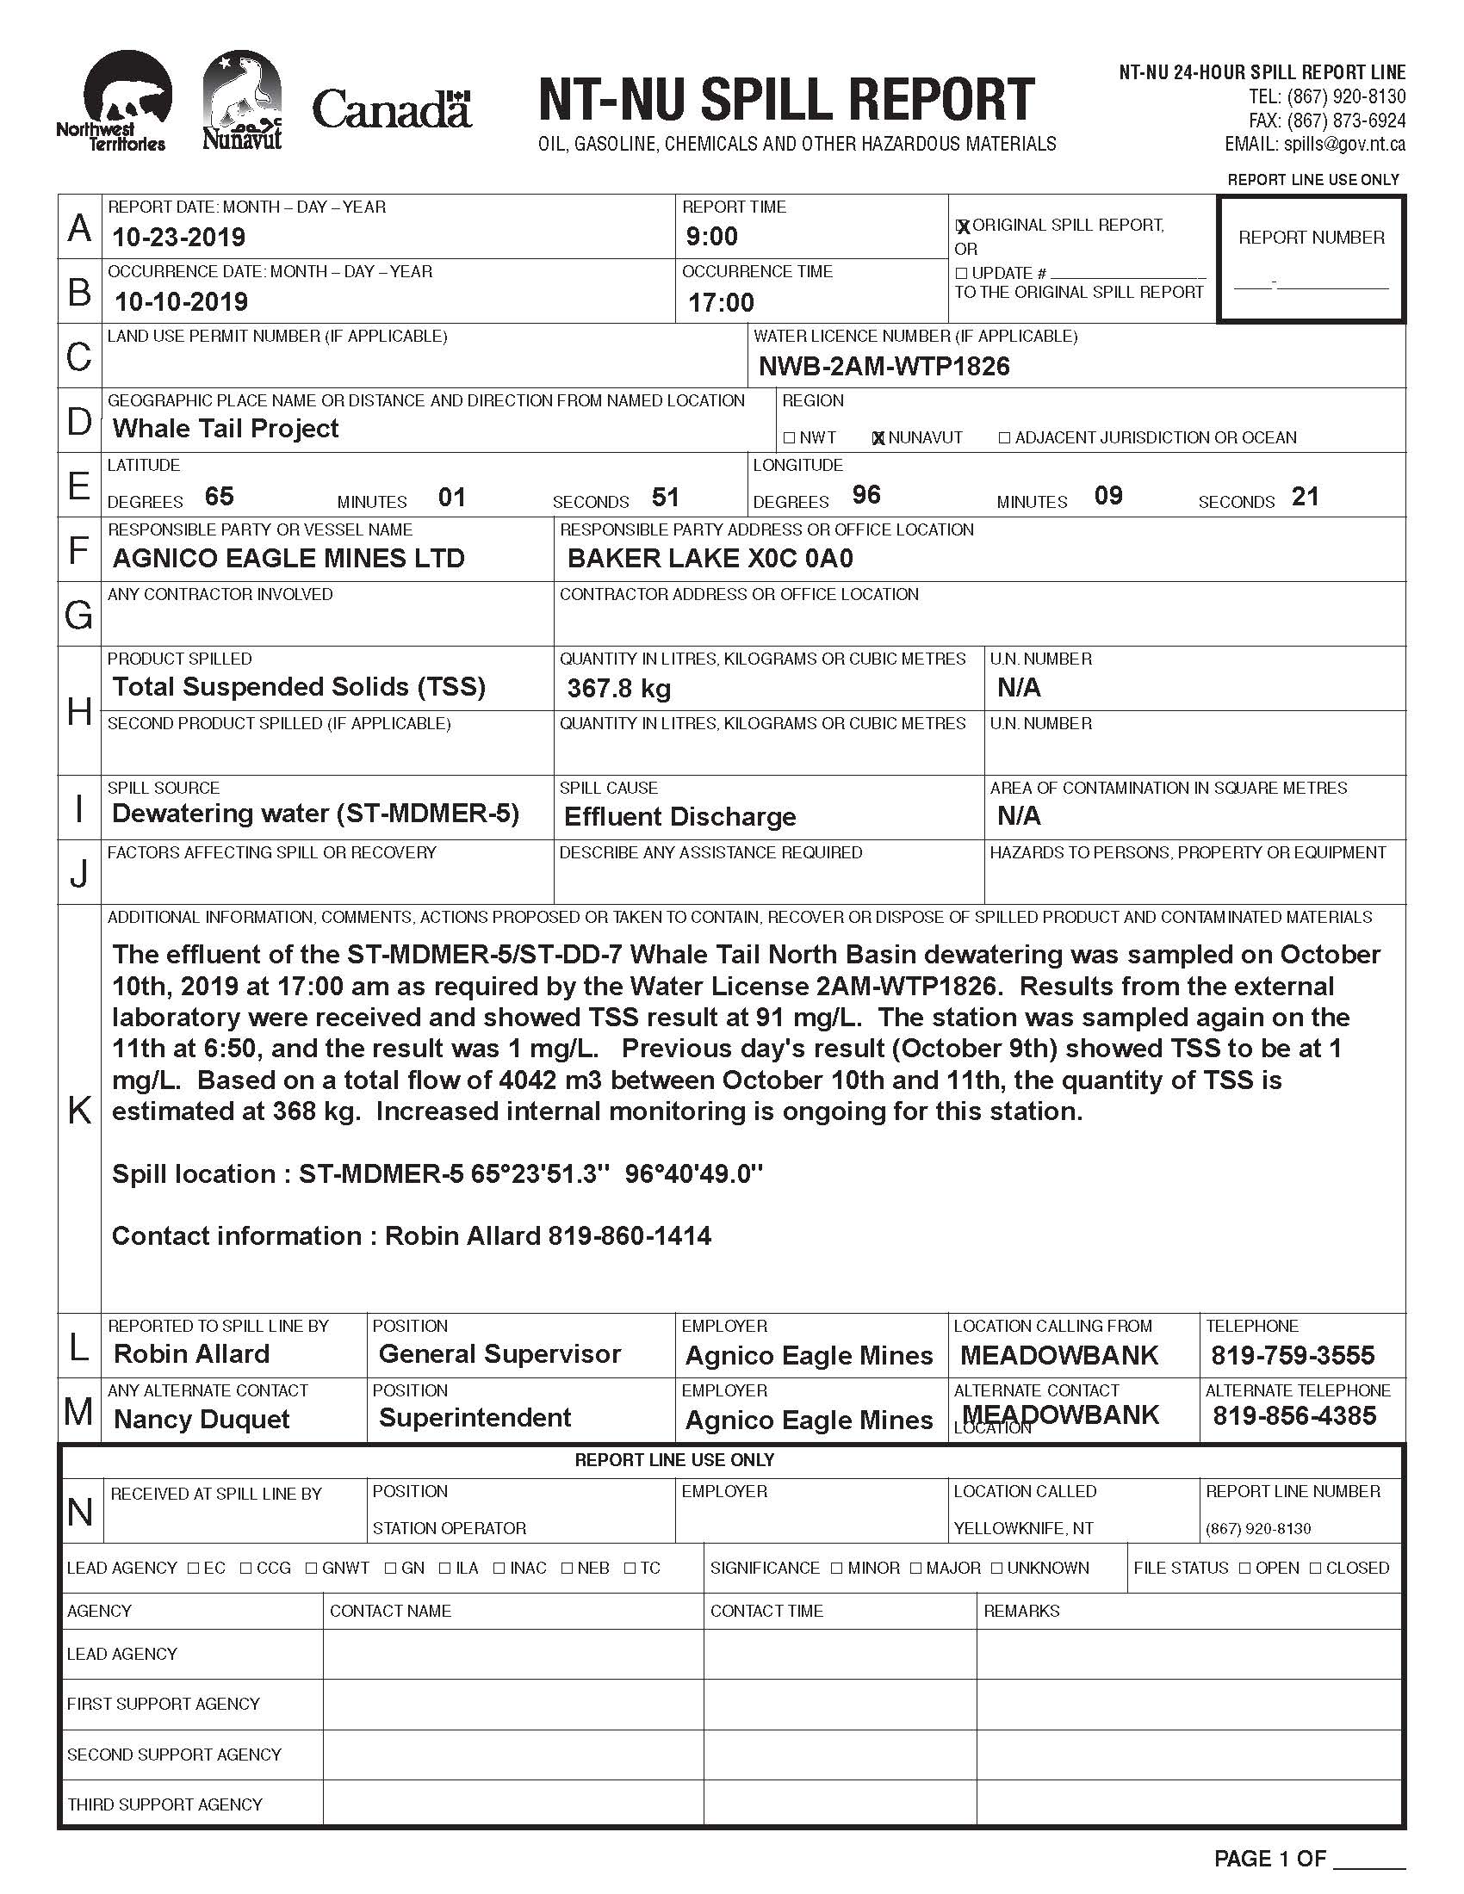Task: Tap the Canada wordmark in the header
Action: tap(391, 110)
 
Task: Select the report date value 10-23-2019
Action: tap(179, 237)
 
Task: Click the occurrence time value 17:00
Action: tap(721, 303)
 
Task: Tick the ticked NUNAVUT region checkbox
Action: tap(878, 438)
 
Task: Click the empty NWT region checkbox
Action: tap(789, 438)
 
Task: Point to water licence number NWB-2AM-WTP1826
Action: tap(884, 367)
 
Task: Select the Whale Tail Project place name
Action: tap(226, 429)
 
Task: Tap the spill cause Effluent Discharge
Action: tap(679, 817)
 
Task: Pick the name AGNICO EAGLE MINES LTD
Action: tap(288, 559)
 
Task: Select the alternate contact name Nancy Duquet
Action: tap(202, 1420)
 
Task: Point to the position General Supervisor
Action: tap(499, 1353)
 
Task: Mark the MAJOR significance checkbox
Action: tap(917, 1568)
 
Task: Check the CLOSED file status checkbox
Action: tap(1316, 1568)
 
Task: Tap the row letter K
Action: tap(79, 1110)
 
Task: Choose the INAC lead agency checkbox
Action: tap(499, 1568)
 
